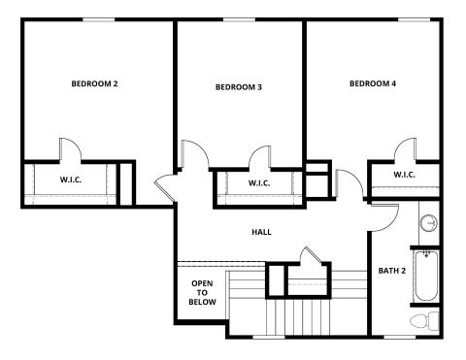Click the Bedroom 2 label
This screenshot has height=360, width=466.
coord(94,83)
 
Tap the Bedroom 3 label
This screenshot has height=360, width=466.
coord(239,87)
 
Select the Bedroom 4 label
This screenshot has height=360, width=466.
coord(373,83)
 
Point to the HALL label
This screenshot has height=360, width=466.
coord(261,232)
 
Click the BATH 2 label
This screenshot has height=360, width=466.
coord(392,271)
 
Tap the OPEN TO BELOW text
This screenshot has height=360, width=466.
coord(202,293)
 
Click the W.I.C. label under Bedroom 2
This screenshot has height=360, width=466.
coord(71,180)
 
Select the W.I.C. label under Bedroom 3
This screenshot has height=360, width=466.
coord(259,183)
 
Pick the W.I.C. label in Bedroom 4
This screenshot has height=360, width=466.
coord(404,175)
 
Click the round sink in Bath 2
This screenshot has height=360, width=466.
coord(429,223)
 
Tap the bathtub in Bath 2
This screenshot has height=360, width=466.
coord(426,276)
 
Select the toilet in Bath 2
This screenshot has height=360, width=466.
coord(424,321)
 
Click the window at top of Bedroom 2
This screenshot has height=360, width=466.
coord(99,20)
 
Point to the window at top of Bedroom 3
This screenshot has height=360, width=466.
coord(239,20)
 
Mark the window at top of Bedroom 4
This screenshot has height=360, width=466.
coord(414,20)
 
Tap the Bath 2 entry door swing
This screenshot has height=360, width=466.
coord(393,223)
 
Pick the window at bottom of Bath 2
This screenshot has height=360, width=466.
coord(400,337)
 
